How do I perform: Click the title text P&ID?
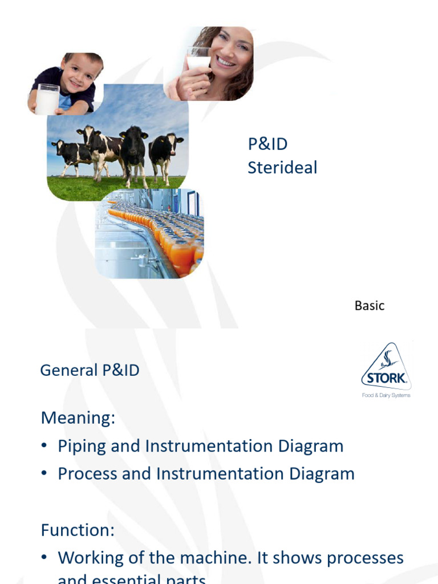point(267,144)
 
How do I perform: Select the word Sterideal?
point(282,168)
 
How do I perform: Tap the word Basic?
point(370,306)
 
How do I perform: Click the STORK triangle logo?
point(386,368)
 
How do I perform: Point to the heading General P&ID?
point(90,370)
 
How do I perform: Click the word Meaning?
point(78,418)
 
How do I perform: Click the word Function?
point(78,530)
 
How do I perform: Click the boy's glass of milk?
point(47,99)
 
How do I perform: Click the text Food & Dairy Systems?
point(386,395)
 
